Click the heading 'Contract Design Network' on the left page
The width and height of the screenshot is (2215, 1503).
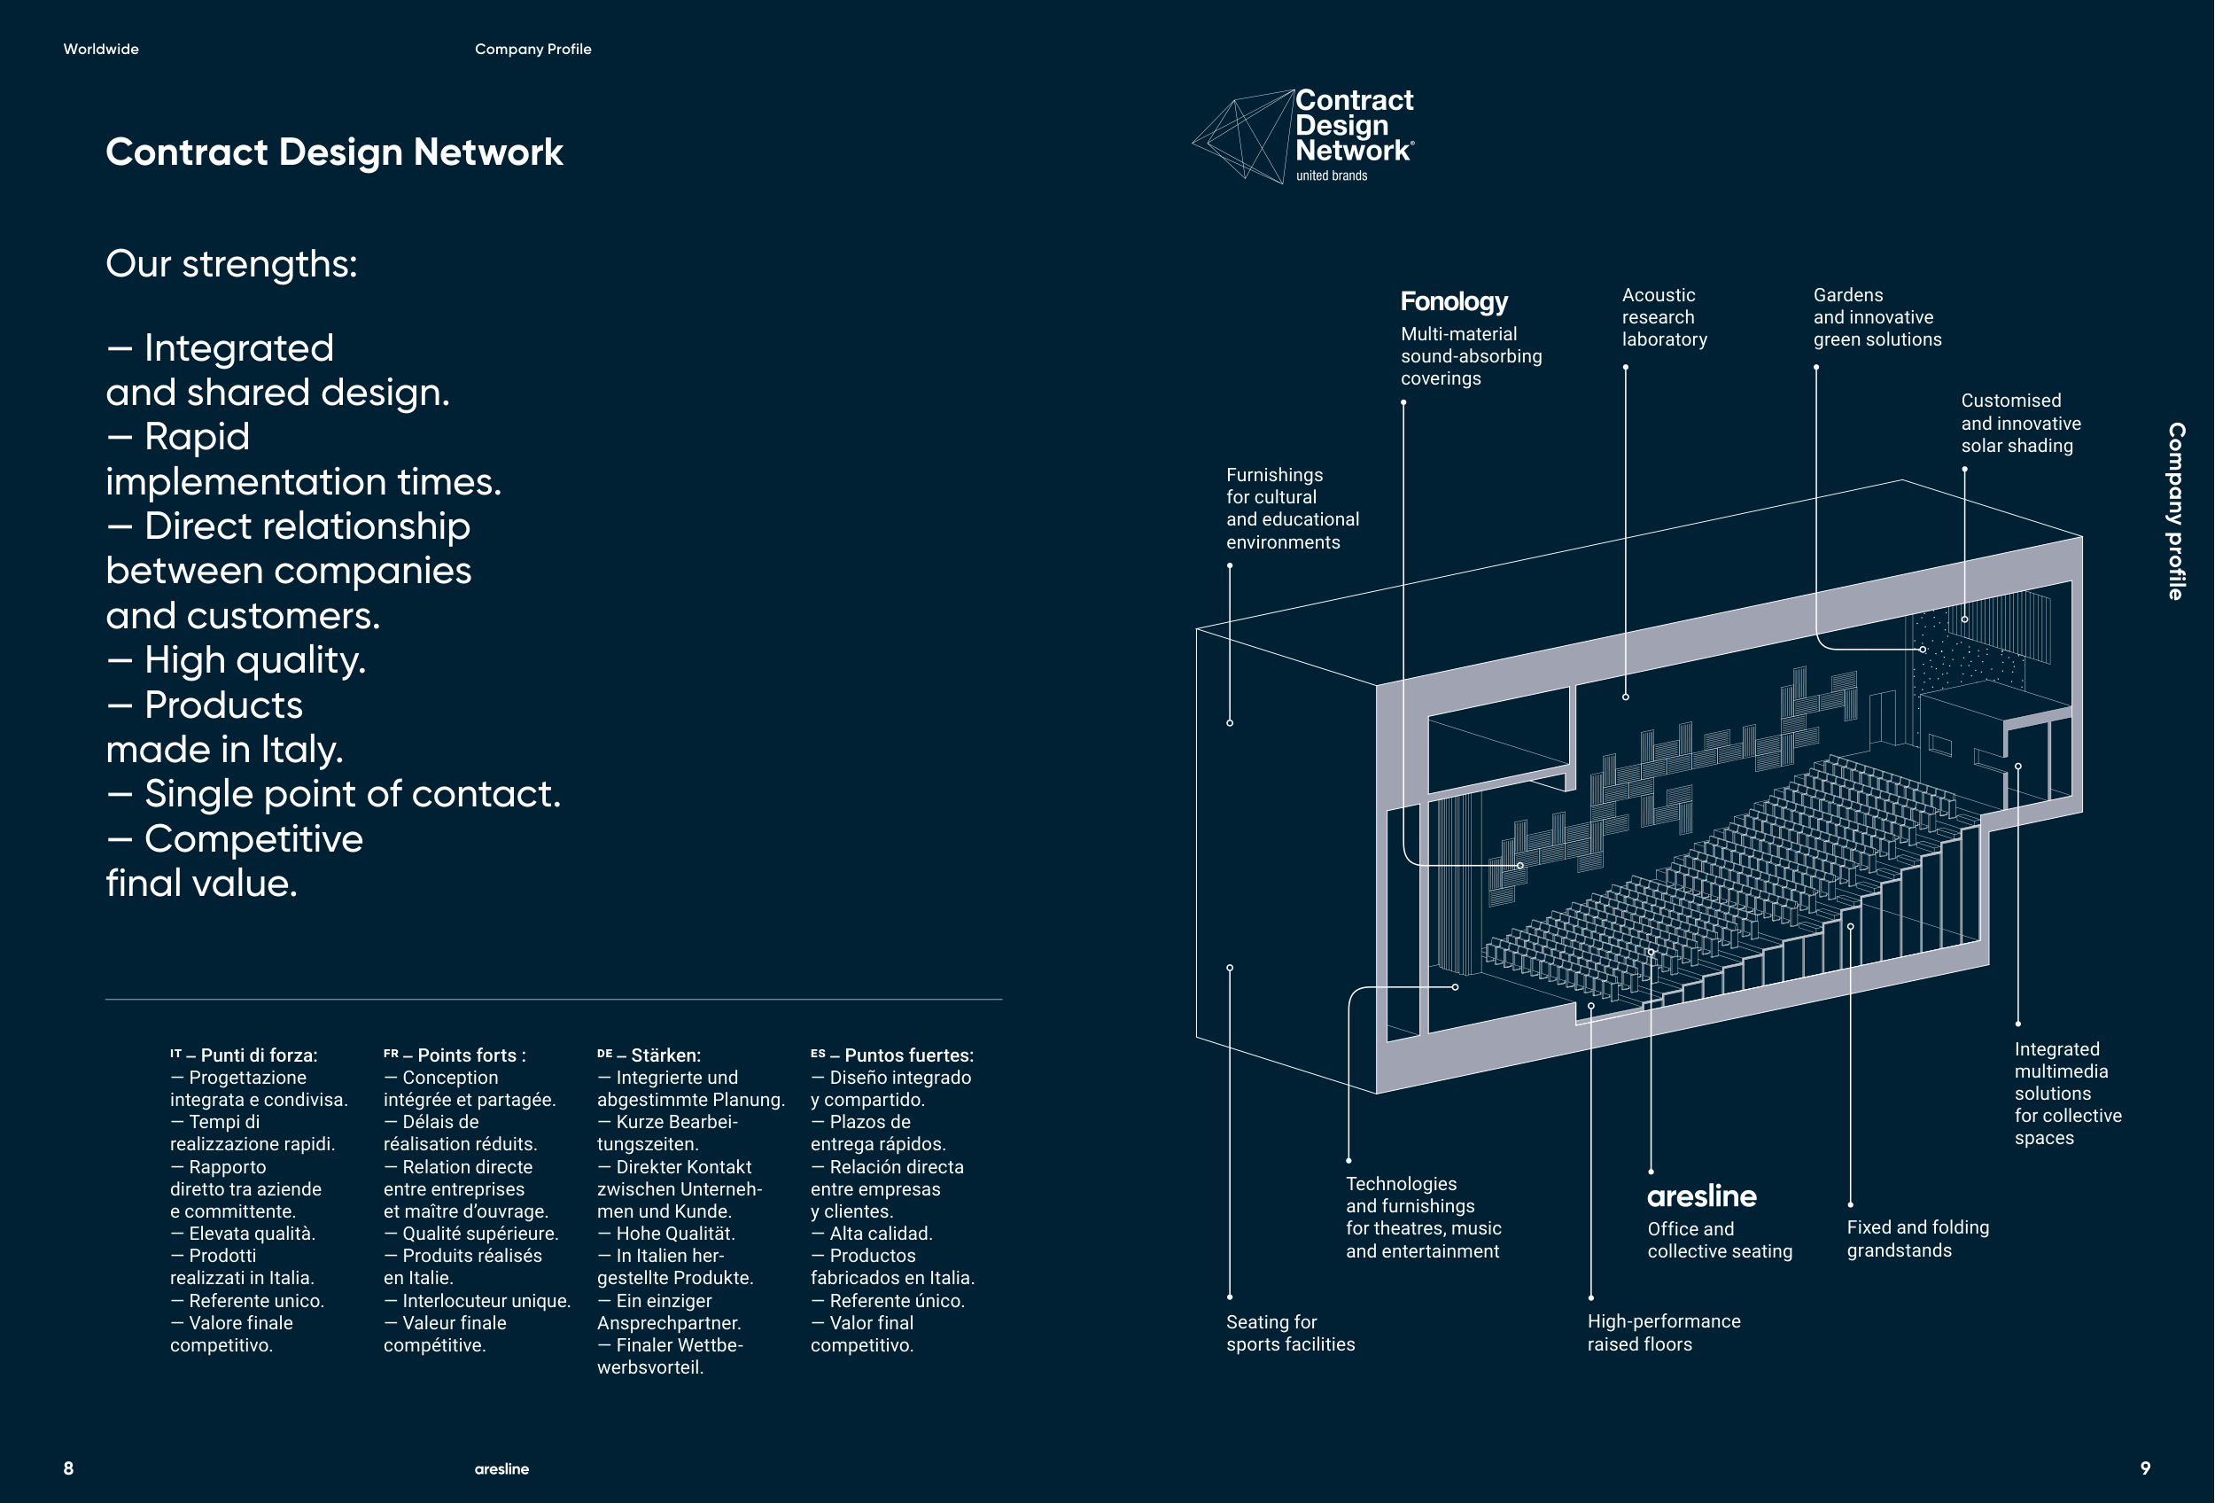pos(334,152)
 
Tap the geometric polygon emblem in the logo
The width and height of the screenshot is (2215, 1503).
pos(1241,136)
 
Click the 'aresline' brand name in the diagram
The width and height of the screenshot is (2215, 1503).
pos(1701,1197)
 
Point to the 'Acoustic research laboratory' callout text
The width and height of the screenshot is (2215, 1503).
pos(1664,317)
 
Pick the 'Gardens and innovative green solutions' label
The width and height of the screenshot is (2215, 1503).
pos(1877,317)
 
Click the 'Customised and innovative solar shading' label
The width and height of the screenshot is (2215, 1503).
pos(2021,424)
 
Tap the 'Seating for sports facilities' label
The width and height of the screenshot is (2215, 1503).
pos(1289,1332)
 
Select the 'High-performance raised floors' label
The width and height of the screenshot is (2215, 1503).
pos(1663,1332)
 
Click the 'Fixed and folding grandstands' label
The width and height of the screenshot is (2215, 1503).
pos(1917,1239)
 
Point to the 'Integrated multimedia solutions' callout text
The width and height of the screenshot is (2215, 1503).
pos(2067,1094)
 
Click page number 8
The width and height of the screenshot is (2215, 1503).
pos(68,1468)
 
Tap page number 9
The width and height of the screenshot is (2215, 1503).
pos(2145,1468)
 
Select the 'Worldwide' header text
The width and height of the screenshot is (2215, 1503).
pos(101,50)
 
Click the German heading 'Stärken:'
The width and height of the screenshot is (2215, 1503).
pos(664,1055)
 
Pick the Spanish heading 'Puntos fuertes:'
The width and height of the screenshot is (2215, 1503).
pos(907,1055)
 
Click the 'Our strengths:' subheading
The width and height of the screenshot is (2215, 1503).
pos(231,264)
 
